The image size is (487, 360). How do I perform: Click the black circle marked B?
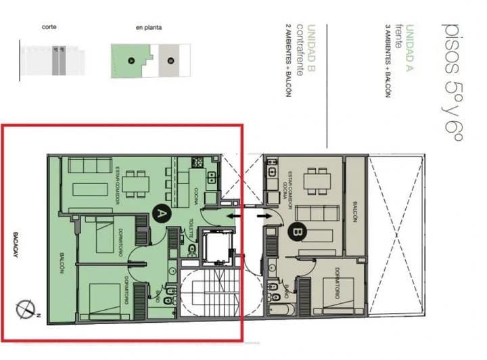point(296,232)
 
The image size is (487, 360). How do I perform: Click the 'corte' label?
point(49,27)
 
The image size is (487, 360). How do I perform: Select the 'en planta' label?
point(147,28)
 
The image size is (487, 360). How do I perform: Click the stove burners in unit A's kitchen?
point(198,162)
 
